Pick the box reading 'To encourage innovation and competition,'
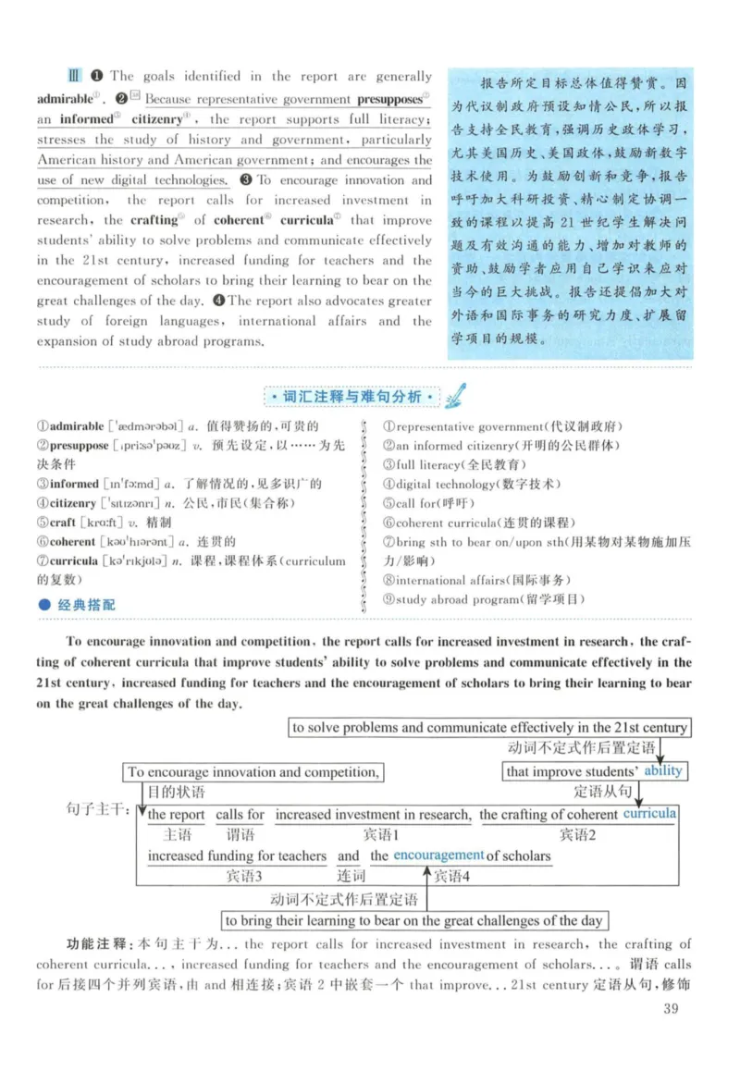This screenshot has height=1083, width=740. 253,771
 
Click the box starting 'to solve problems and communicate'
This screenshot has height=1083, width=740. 489,727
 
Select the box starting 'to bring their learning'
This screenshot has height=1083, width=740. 414,920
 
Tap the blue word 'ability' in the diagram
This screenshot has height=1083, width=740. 663,771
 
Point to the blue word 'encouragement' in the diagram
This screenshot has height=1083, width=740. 438,855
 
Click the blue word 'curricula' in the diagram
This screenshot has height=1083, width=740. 649,814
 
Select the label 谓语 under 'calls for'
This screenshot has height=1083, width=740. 240,833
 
